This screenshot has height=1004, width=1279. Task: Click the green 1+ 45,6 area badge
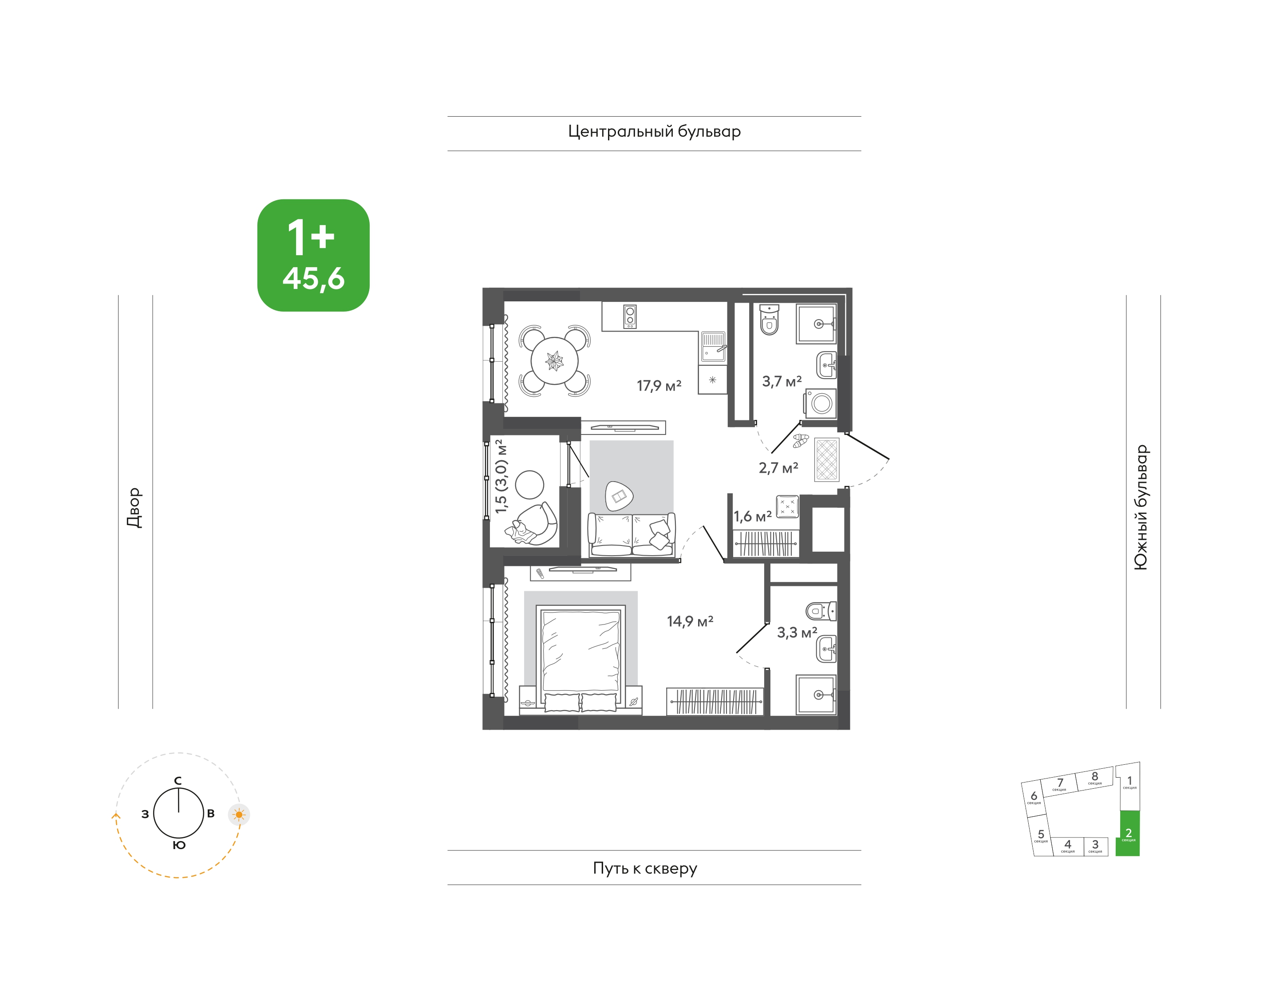tap(313, 255)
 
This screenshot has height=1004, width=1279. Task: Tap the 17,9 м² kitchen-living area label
tap(659, 386)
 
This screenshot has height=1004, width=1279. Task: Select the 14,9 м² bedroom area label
tap(690, 621)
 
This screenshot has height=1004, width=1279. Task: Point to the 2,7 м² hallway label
tap(778, 468)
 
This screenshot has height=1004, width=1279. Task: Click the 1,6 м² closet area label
tap(752, 517)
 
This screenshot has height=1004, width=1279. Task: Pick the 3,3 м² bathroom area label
tap(797, 632)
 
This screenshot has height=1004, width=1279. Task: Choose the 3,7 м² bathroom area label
tap(782, 382)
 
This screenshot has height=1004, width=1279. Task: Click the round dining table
tap(554, 360)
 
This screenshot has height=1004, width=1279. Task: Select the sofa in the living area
tap(632, 534)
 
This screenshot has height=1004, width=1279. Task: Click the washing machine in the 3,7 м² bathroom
tap(821, 403)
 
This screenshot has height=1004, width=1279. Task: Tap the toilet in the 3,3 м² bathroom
tap(821, 611)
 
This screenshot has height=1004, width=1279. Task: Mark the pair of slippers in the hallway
tap(801, 441)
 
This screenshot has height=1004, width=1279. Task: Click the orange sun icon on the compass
tap(239, 815)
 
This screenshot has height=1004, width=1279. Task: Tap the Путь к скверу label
tap(645, 868)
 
